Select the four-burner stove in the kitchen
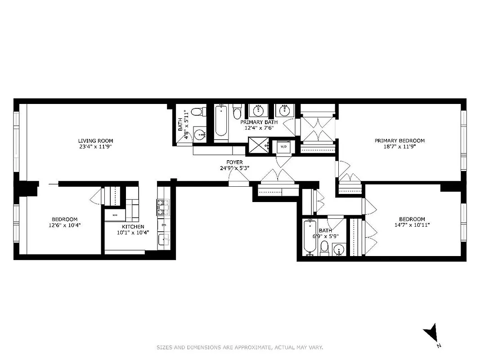tap(162, 207)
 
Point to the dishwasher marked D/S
tap(163, 224)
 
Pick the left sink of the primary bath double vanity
tap(258, 111)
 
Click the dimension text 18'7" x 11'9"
tap(399, 147)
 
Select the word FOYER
tap(235, 162)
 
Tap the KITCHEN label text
tap(133, 226)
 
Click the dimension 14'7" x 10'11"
tap(412, 225)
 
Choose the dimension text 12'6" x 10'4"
tap(64, 225)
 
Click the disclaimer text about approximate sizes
tap(240, 347)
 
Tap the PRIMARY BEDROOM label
tap(399, 140)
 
